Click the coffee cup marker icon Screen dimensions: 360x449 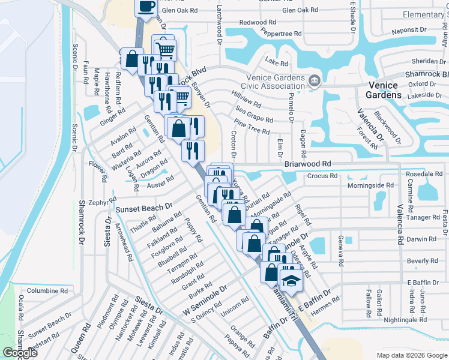tap(146, 7)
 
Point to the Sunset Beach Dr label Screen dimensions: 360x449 tap(143, 208)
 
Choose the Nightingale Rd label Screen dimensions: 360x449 tap(405, 320)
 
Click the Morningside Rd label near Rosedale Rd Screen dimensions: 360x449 tap(370, 185)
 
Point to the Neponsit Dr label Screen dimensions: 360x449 tap(408, 29)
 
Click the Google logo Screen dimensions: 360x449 tap(20, 353)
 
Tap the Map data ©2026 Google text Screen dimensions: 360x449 tap(411, 355)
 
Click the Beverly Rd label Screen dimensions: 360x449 tap(422, 261)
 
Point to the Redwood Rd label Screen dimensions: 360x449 tap(258, 22)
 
